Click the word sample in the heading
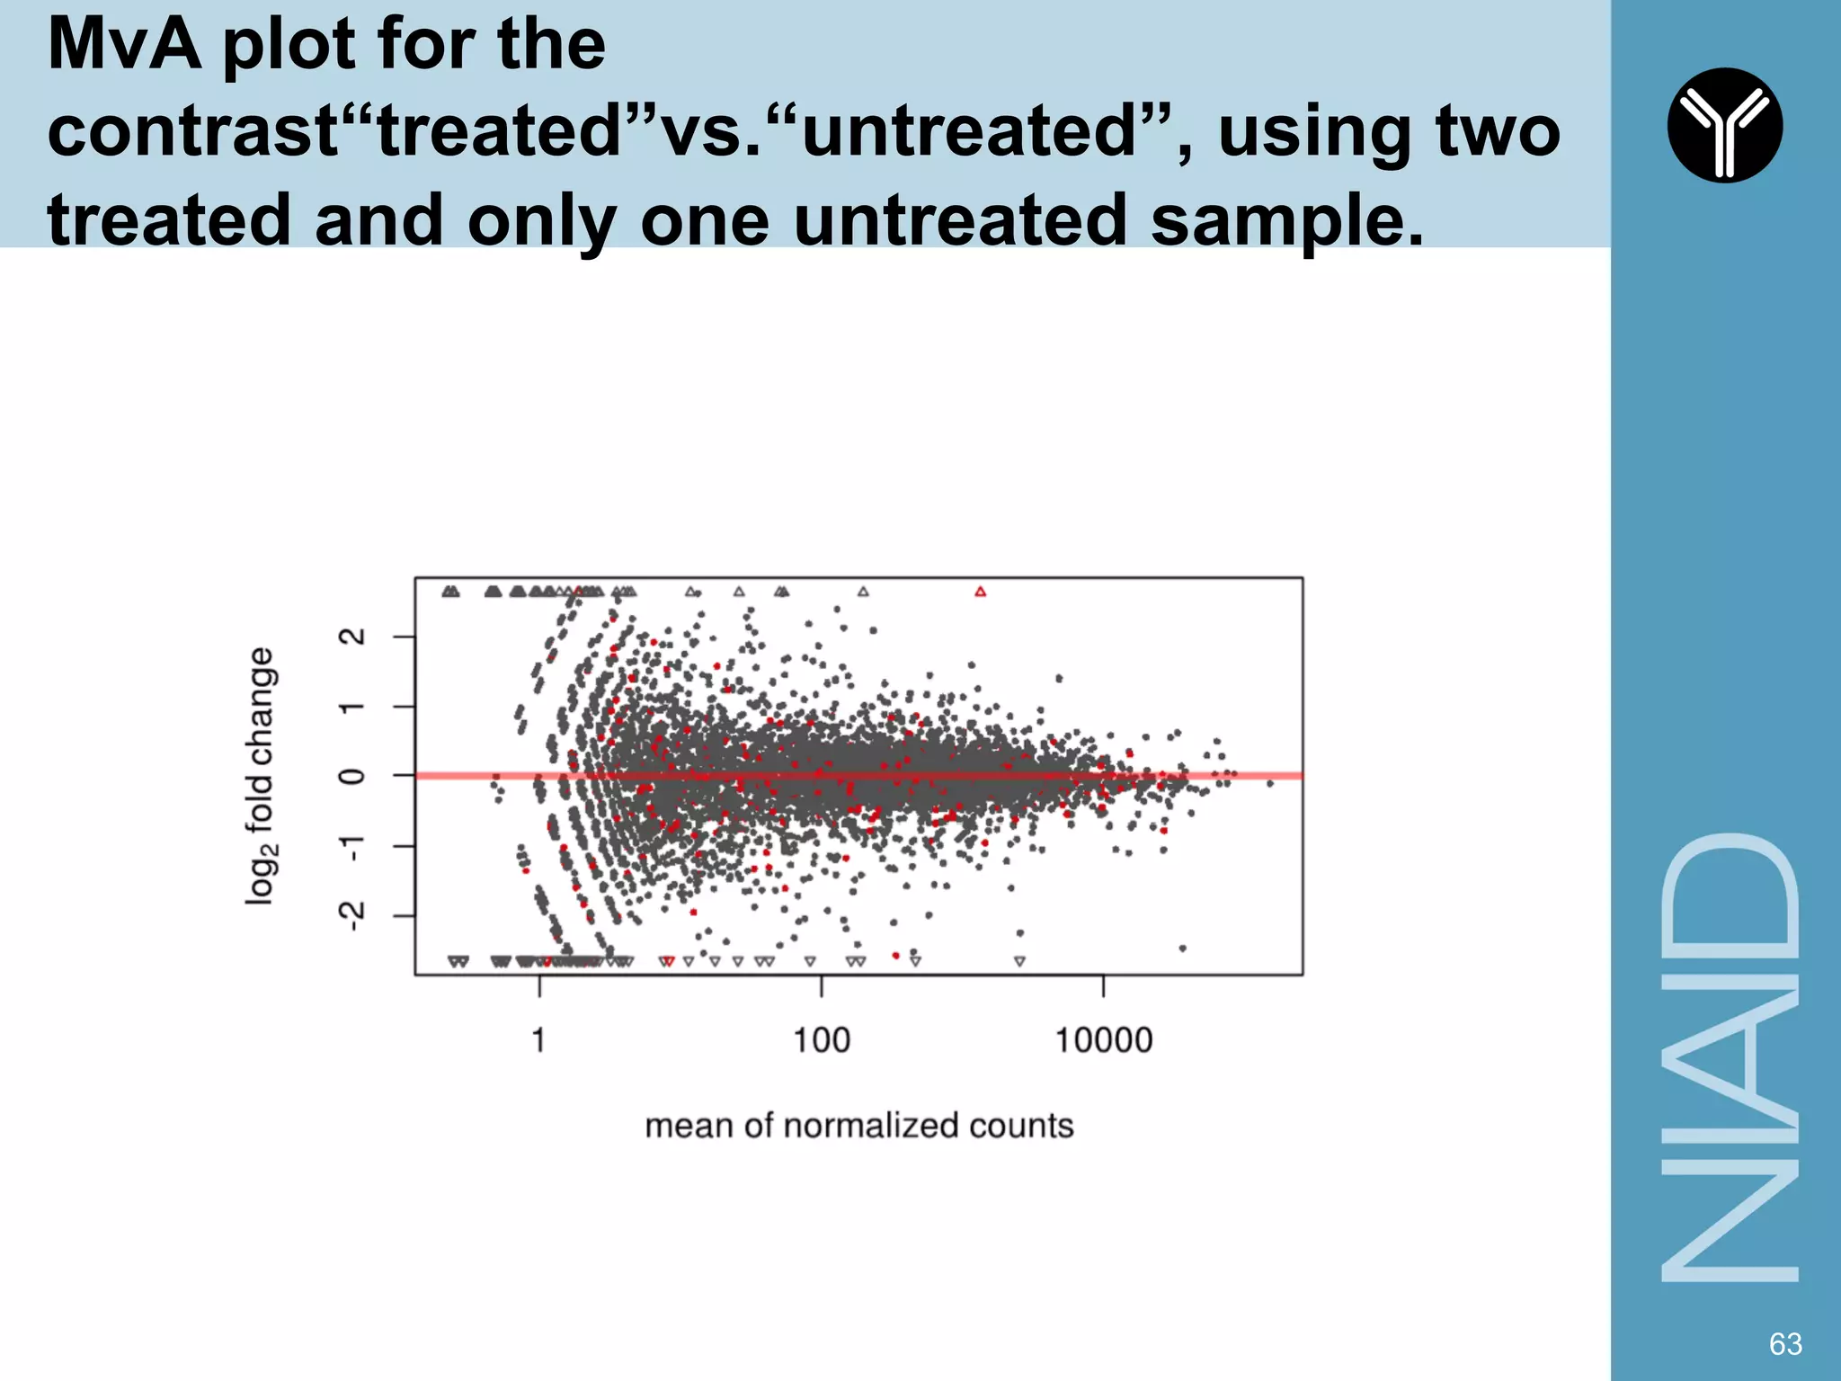pos(1286,220)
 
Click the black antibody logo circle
pos(1724,125)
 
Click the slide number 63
pos(1785,1343)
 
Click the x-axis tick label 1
pos(538,1040)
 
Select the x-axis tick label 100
pos(821,1040)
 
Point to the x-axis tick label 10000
pos(1103,1040)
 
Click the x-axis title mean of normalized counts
pos(859,1126)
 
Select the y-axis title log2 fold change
pos(261,775)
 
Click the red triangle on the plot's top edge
pos(981,592)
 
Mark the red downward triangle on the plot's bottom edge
pos(668,961)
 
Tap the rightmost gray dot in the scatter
pos(1270,784)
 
